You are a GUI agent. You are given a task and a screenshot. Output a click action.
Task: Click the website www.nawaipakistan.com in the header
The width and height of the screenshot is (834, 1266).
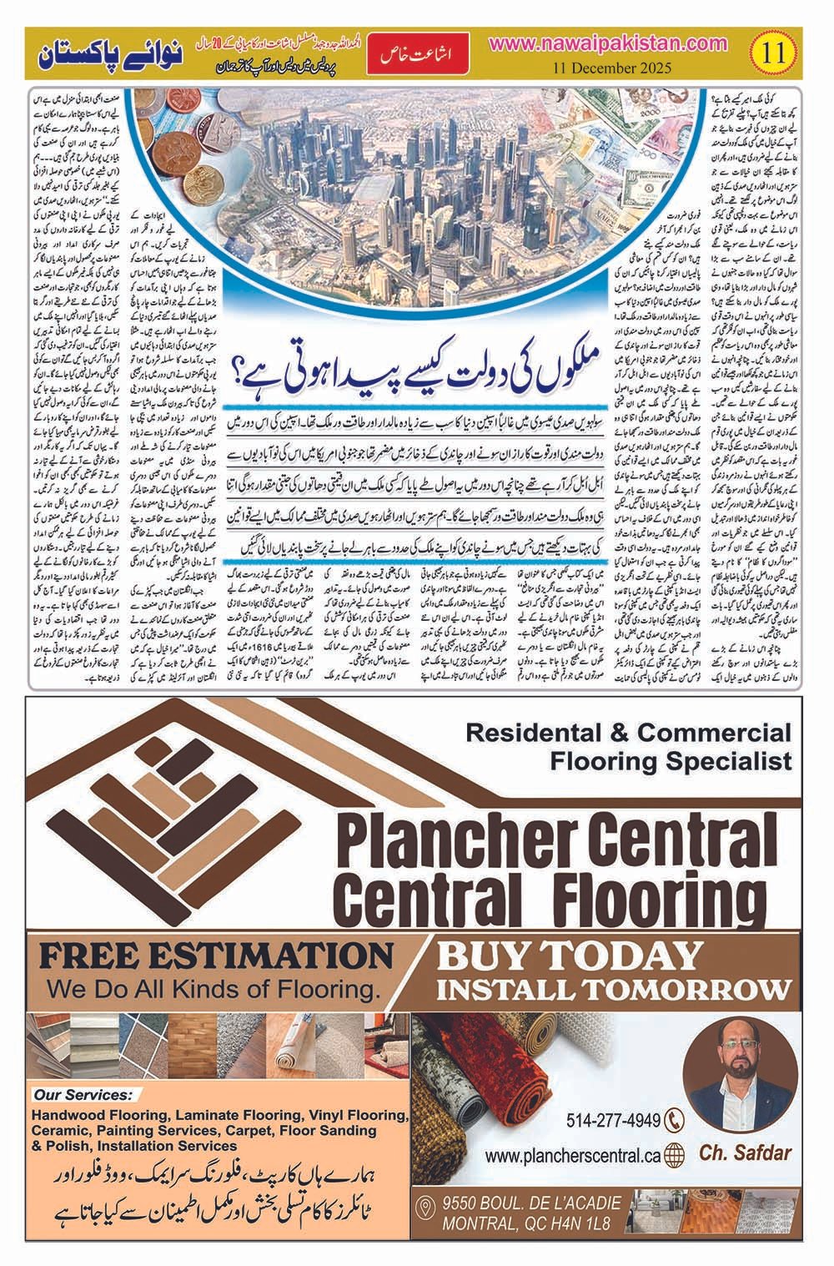point(610,43)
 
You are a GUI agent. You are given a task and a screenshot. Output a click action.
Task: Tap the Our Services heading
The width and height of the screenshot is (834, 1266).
point(83,1094)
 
